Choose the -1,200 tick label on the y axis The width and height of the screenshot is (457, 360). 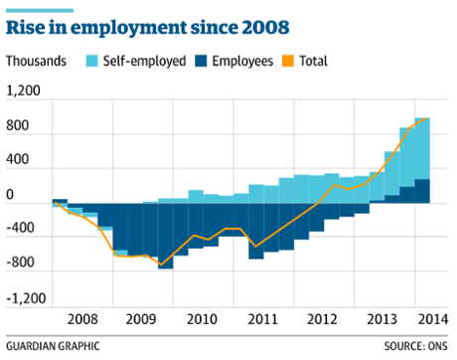tap(26, 298)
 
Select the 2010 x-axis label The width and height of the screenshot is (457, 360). tap(201, 320)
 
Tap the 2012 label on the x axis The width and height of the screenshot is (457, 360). tap(322, 320)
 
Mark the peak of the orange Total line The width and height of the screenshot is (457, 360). tap(427, 119)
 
